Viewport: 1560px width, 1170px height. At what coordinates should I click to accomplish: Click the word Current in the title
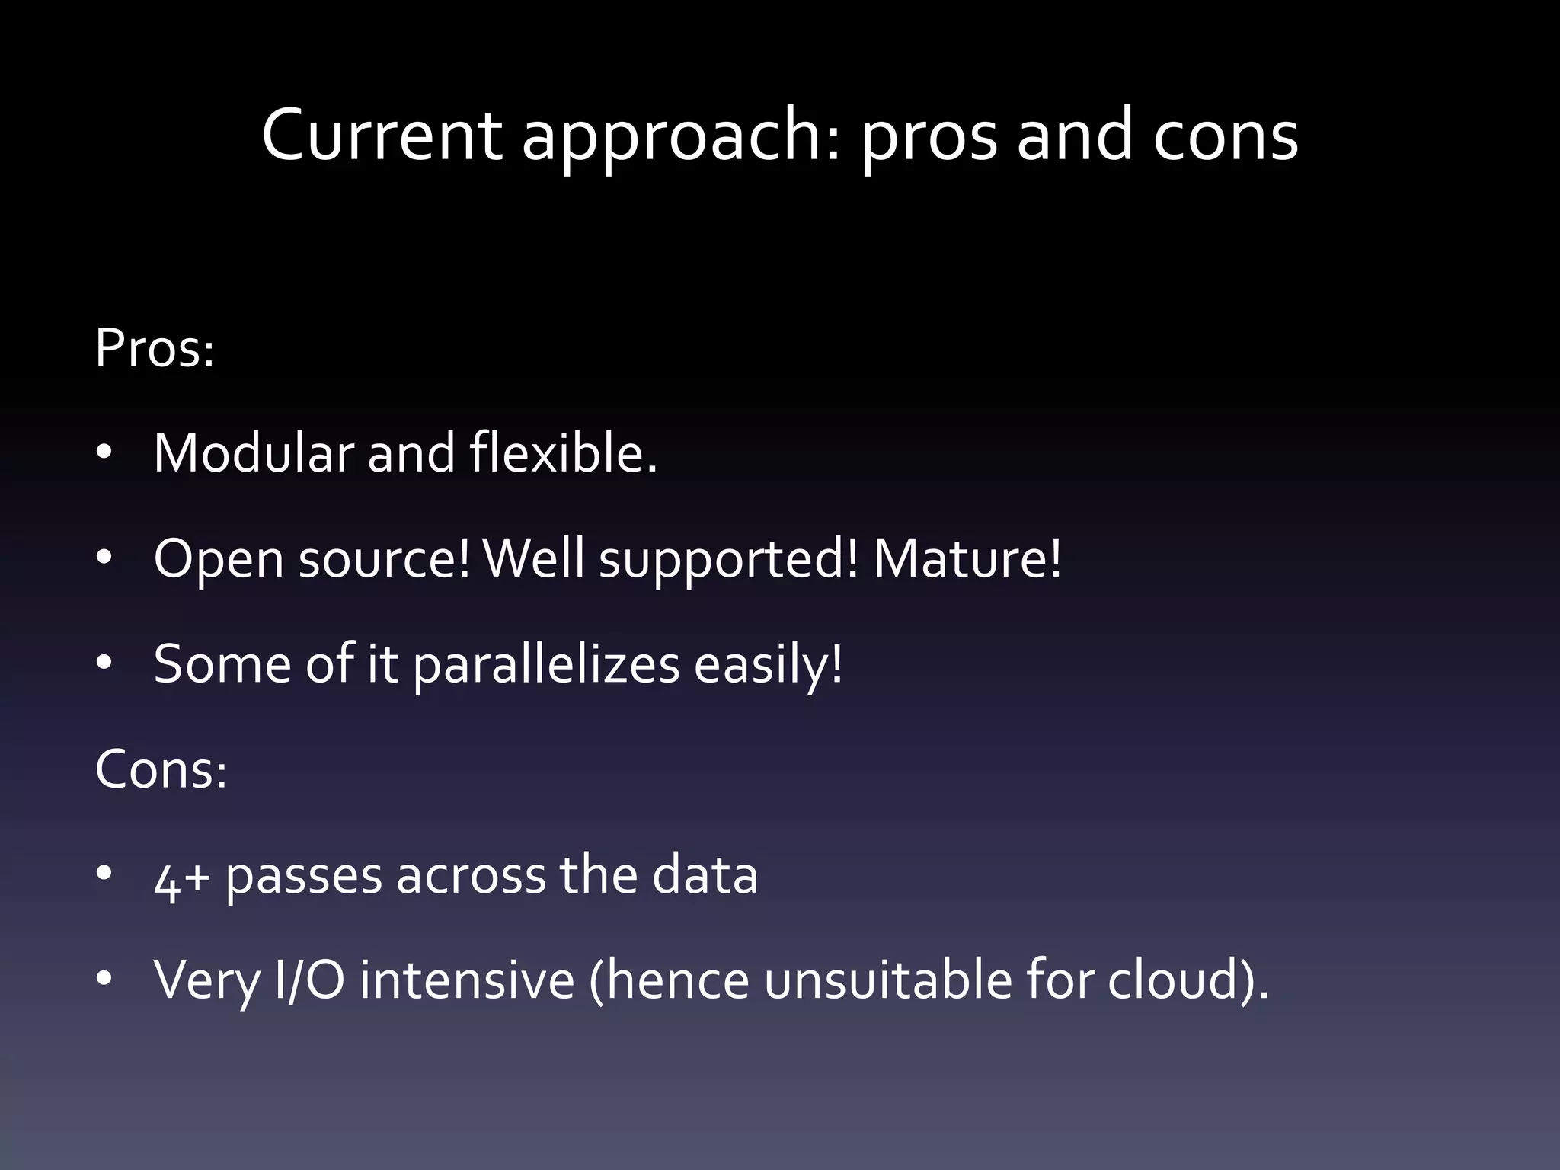(381, 136)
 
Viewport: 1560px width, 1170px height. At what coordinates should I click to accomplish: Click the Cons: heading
(161, 769)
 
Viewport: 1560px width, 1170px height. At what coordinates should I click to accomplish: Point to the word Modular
(254, 453)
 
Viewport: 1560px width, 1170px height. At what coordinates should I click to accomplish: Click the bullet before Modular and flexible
(104, 453)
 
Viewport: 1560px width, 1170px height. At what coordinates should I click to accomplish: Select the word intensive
(467, 980)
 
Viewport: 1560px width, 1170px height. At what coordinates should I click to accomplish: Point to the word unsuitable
(888, 980)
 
